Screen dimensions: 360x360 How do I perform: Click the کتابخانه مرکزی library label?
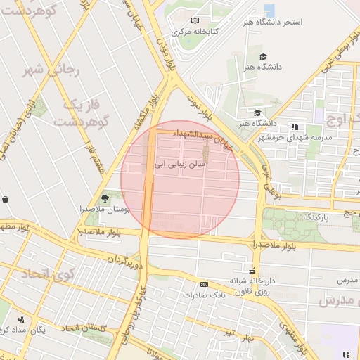(195, 32)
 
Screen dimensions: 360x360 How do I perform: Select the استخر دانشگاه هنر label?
(275, 22)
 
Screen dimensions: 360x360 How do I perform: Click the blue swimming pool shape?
(269, 10)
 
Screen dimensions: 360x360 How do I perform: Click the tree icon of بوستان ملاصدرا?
(105, 198)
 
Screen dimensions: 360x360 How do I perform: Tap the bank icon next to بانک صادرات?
(204, 284)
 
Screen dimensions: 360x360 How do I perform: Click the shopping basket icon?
(5, 199)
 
